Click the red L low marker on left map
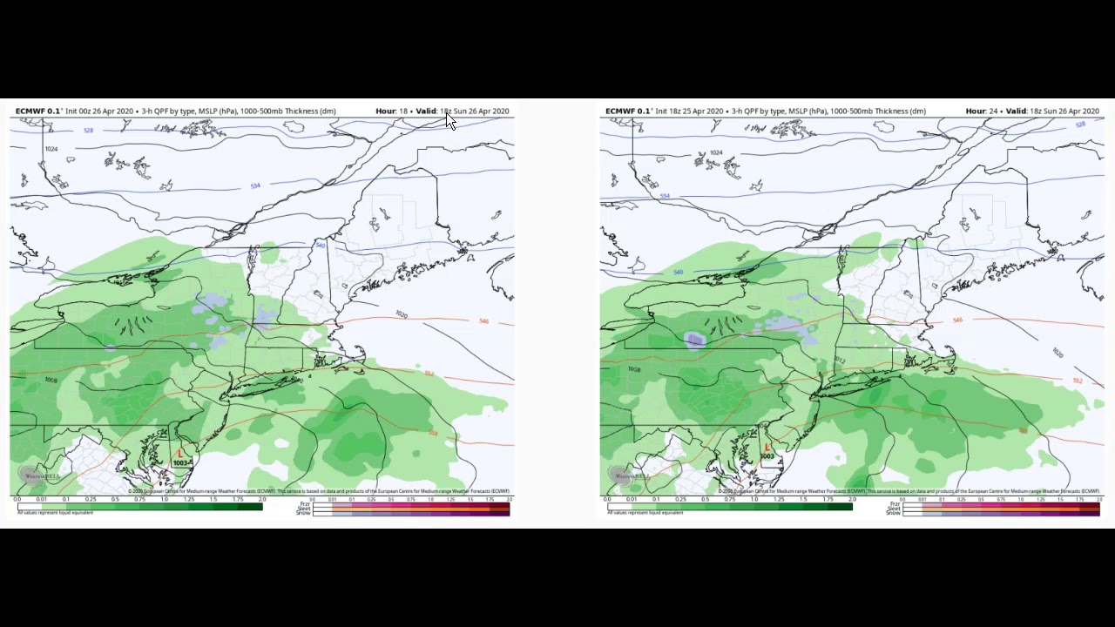(x=180, y=453)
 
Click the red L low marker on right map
(x=767, y=447)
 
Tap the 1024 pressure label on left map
(x=51, y=149)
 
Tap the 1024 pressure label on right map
(x=715, y=152)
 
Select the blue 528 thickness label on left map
(x=88, y=131)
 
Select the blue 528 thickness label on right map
(x=1080, y=125)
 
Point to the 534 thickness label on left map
(x=254, y=185)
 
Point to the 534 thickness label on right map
(x=665, y=196)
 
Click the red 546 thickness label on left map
(x=483, y=321)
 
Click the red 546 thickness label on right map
(x=957, y=320)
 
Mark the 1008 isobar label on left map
(x=51, y=381)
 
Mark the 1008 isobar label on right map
(x=632, y=369)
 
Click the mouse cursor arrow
(x=449, y=121)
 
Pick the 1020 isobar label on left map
(x=401, y=314)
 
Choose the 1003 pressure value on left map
(x=181, y=462)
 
